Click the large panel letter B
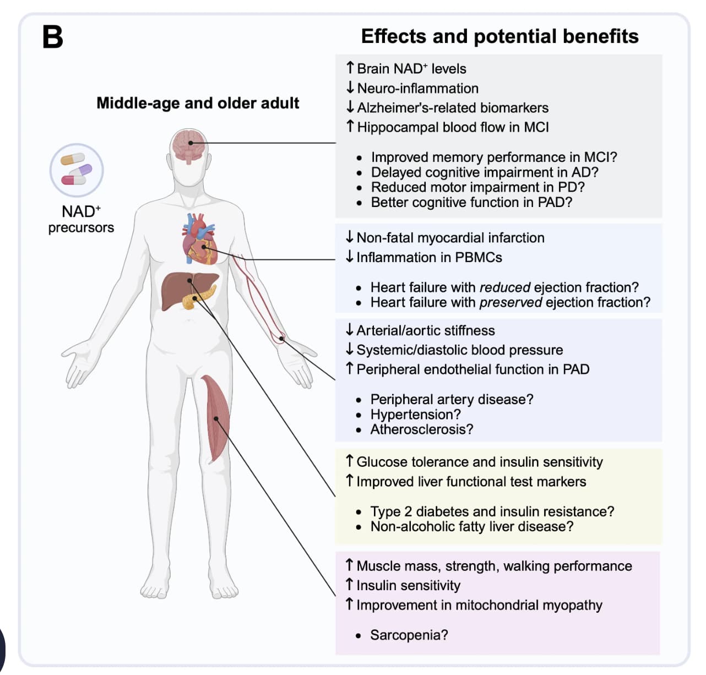53,37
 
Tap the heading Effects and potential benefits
499,36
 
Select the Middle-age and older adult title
198,103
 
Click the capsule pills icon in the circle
77,170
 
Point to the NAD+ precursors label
81,219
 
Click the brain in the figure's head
188,146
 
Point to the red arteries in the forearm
257,300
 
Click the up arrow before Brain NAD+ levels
350,68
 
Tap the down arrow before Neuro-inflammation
350,88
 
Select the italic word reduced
505,287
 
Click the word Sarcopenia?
409,635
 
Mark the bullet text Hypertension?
415,414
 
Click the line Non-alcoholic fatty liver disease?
472,526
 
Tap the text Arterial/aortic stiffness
426,330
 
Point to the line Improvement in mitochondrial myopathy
479,605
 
